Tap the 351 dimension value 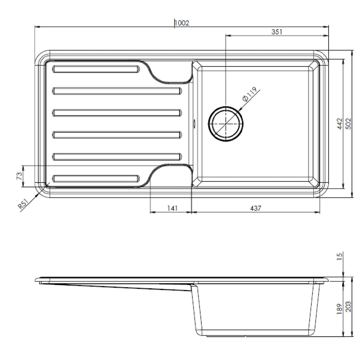click(277, 32)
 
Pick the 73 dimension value click(19, 176)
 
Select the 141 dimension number click(172, 208)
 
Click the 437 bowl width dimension click(255, 208)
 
